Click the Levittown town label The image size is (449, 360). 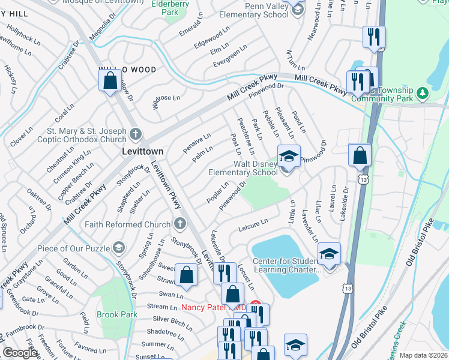coord(142,151)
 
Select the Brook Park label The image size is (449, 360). coord(117,314)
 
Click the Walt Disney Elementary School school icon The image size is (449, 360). coord(288,156)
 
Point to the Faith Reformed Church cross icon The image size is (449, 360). coord(179,224)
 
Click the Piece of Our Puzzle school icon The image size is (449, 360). coord(118,247)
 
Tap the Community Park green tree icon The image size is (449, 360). coord(423,93)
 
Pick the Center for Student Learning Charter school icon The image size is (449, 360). coord(329,254)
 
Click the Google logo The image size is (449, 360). coord(20,353)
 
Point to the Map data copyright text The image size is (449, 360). coord(423,355)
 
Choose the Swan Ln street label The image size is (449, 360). coord(171,295)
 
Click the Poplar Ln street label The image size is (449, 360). coord(217,193)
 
